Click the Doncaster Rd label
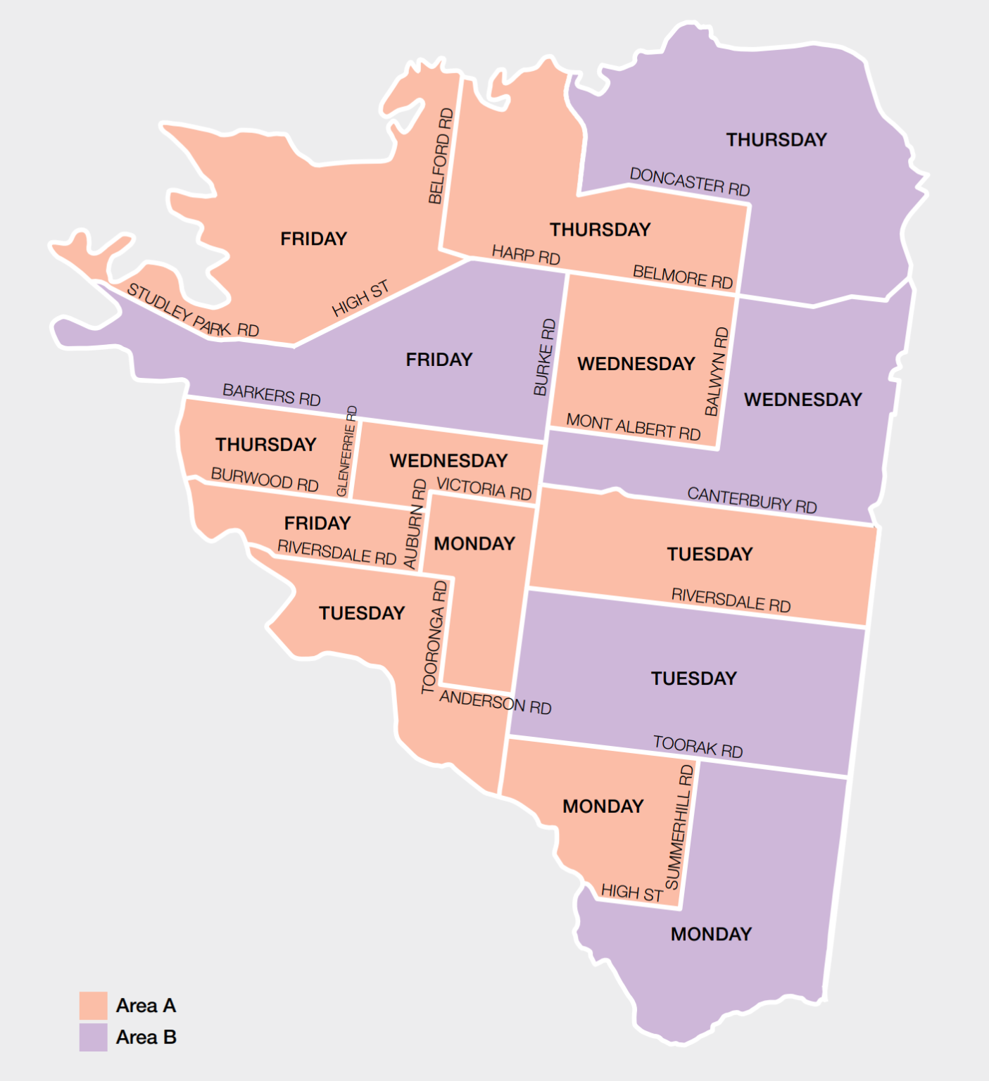pos(690,182)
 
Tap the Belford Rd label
pos(441,156)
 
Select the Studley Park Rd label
pos(192,310)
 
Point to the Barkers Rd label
pos(271,395)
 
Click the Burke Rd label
pos(544,358)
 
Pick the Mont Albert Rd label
pos(634,427)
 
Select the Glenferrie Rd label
pos(347,451)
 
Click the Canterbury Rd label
pos(752,500)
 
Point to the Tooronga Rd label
pos(434,637)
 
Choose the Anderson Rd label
pos(495,702)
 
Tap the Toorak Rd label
pos(698,747)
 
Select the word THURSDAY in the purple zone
pos(776,140)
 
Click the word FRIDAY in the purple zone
pos(439,360)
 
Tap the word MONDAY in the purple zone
pos(711,934)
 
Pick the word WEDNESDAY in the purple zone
pos(803,400)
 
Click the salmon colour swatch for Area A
pos(94,1006)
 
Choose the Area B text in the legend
pos(146,1037)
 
